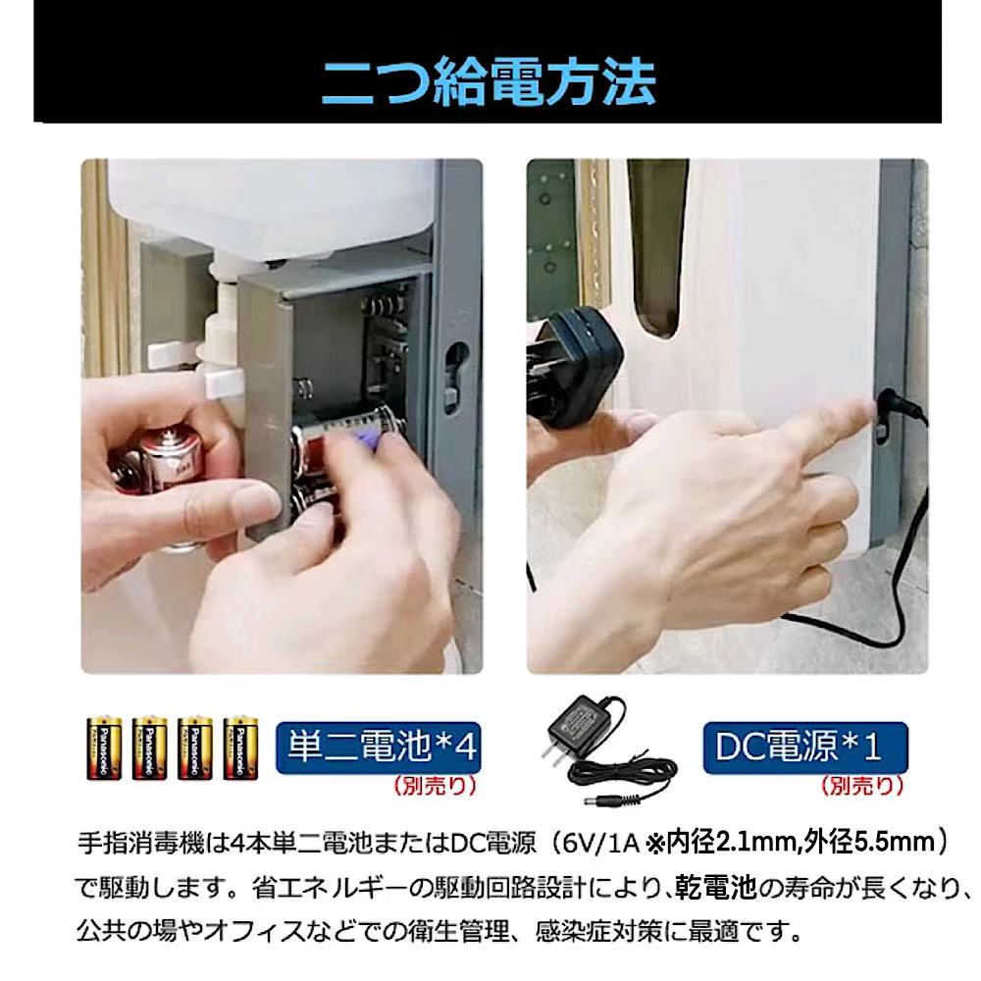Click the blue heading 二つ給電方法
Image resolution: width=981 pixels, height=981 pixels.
click(489, 82)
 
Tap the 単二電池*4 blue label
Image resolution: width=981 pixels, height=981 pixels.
click(379, 748)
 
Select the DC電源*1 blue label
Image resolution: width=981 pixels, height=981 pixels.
click(805, 748)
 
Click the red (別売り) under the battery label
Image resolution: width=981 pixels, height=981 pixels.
click(436, 786)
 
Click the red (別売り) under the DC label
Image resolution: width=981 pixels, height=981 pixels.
click(862, 786)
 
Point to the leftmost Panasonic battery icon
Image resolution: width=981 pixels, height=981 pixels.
click(104, 748)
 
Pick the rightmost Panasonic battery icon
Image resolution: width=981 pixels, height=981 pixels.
click(241, 748)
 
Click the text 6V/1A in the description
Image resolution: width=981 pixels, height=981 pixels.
click(600, 844)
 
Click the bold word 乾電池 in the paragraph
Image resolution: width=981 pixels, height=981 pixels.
click(715, 888)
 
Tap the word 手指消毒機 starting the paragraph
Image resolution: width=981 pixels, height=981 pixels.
click(140, 844)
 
